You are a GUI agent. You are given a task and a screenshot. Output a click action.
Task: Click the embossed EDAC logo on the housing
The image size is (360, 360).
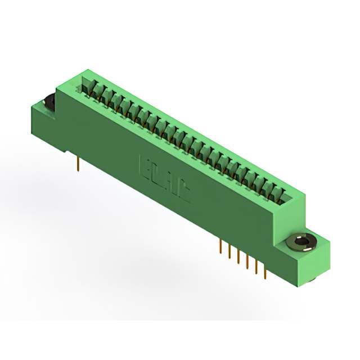click(x=164, y=175)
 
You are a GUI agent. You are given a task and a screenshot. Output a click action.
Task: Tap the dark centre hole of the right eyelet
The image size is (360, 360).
click(x=303, y=242)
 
